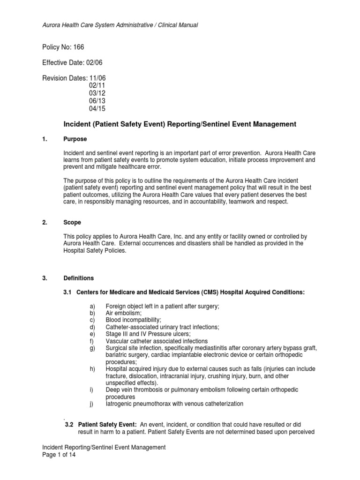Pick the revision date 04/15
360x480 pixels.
click(x=97, y=107)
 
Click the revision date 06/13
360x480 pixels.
click(x=97, y=100)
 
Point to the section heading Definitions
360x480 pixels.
click(x=78, y=278)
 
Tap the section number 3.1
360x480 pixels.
click(x=68, y=292)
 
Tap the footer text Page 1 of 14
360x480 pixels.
click(x=59, y=455)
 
